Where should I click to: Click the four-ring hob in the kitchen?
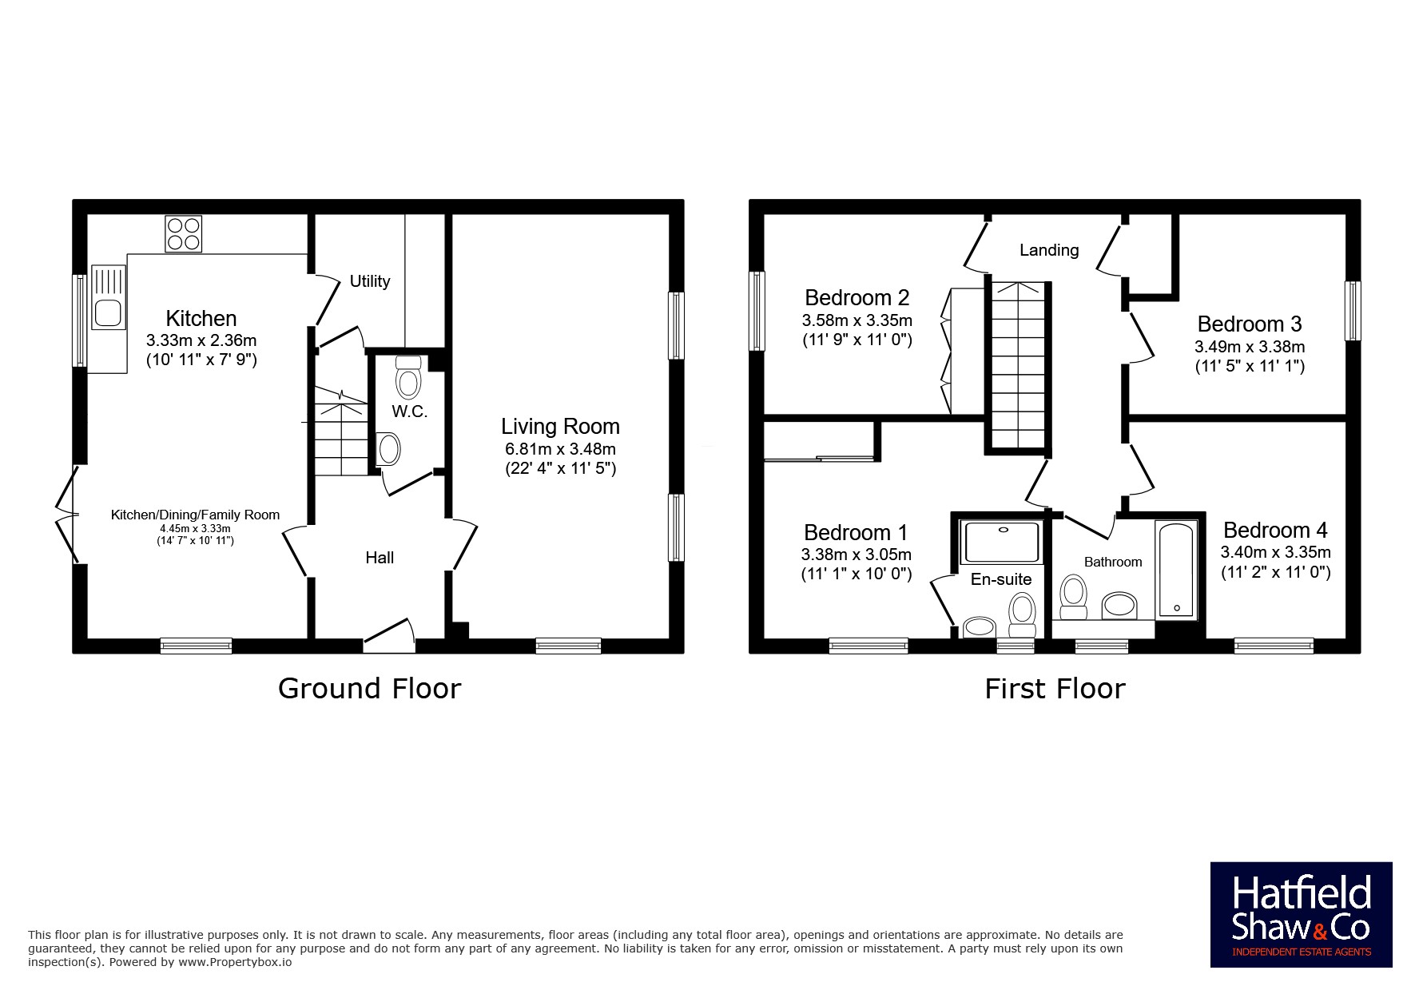pos(183,233)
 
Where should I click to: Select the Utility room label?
pos(370,281)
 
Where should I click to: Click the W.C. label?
pos(409,412)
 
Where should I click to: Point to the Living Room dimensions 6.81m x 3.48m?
pos(560,449)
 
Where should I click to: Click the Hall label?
pos(380,558)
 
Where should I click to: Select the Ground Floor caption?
pos(369,688)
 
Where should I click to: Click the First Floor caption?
pos(1055,688)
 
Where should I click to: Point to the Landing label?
pos(1049,250)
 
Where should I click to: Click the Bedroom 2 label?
pos(857,297)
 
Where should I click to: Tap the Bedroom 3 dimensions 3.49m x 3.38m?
pos(1250,347)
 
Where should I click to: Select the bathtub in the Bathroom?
pos(1176,570)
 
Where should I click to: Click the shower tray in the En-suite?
pos(1003,543)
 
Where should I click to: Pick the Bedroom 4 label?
pos(1275,530)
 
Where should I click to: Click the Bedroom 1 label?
pos(856,532)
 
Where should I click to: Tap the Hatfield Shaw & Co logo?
pos(1301,914)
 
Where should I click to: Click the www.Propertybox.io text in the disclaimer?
pos(235,962)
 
